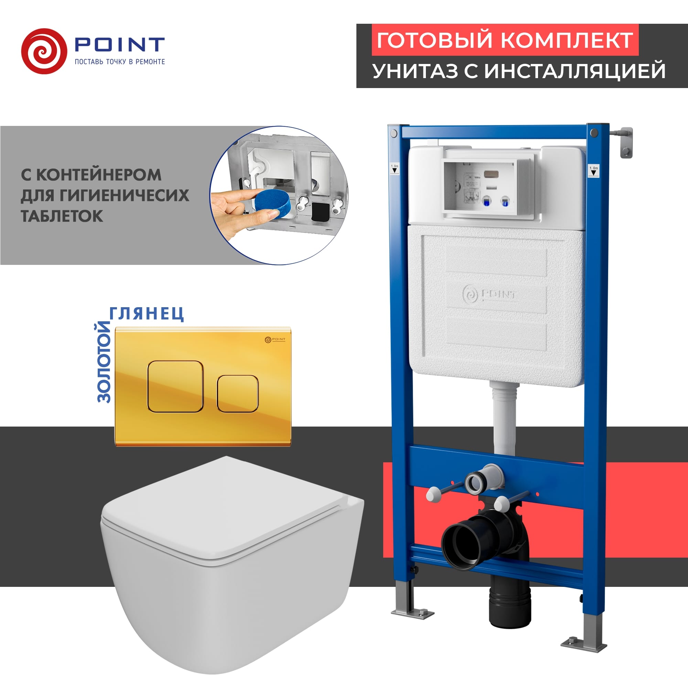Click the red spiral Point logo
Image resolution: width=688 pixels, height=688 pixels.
(x=44, y=51)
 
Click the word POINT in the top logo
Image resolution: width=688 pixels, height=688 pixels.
(x=119, y=44)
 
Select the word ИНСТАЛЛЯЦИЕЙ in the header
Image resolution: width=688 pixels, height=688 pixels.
(x=575, y=71)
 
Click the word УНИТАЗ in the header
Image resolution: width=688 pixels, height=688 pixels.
(x=415, y=71)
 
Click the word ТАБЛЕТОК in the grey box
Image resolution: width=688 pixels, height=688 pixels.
(x=62, y=216)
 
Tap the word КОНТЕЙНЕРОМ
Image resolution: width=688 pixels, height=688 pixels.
(x=98, y=174)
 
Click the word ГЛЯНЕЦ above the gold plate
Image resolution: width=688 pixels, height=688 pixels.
(x=146, y=313)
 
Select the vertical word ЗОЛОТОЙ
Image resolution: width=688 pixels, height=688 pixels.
(x=104, y=362)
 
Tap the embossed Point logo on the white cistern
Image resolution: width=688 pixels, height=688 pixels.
(x=489, y=294)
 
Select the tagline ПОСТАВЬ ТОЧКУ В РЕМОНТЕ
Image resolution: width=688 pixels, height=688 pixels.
(x=120, y=62)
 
